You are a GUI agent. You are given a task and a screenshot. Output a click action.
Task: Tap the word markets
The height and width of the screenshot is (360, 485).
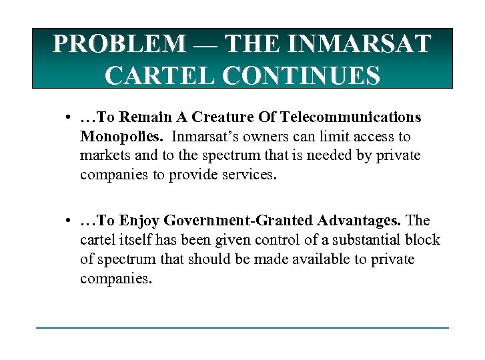pyautogui.click(x=102, y=155)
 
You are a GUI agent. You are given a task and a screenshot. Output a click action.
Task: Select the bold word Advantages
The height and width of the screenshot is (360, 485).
pyautogui.click(x=353, y=221)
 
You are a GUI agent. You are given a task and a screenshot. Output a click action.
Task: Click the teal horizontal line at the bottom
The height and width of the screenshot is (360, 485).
pyautogui.click(x=242, y=327)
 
